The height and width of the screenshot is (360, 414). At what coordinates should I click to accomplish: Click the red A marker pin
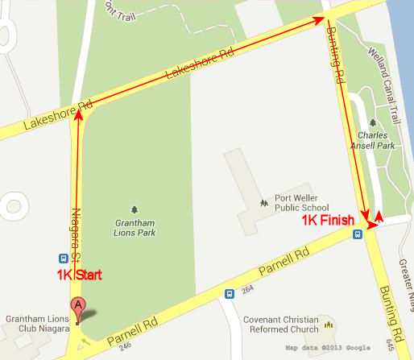point(77,306)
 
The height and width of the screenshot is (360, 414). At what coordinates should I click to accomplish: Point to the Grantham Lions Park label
point(135,228)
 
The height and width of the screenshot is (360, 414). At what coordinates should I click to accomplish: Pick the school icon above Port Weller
point(263,201)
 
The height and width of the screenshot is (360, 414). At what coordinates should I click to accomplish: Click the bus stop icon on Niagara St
point(63,259)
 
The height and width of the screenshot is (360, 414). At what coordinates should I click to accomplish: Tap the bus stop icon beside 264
point(230,294)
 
